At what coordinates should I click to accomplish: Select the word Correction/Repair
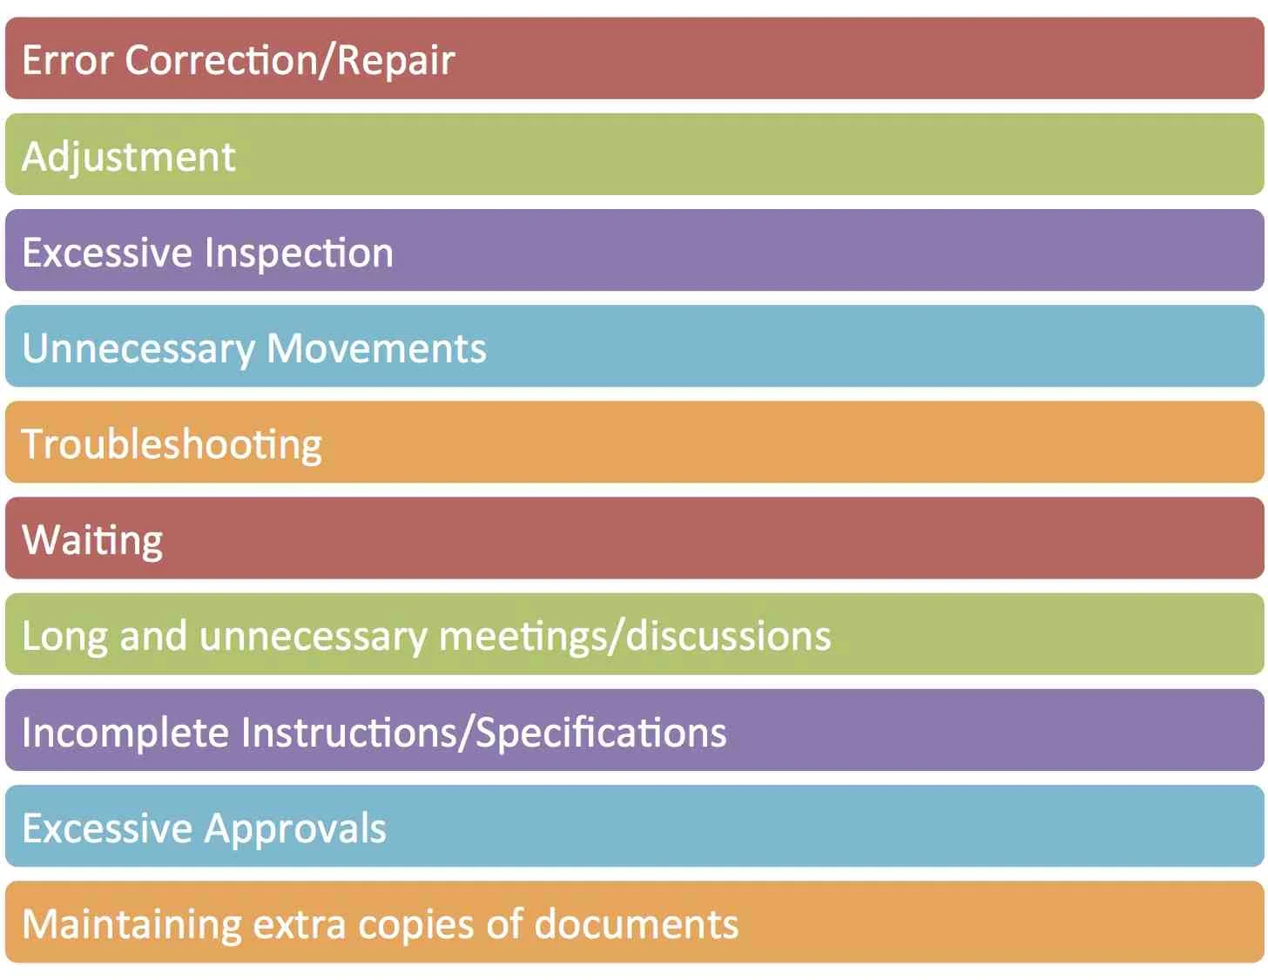click(x=290, y=60)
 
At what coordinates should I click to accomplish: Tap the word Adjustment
click(x=129, y=157)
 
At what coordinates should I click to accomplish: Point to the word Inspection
click(x=300, y=253)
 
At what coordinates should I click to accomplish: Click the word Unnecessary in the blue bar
click(x=138, y=348)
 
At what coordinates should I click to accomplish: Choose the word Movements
click(x=376, y=348)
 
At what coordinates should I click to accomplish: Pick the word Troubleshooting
click(x=172, y=444)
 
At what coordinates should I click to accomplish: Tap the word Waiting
click(x=92, y=540)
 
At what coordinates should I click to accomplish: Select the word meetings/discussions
click(x=635, y=636)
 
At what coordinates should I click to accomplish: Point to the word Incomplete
click(x=125, y=732)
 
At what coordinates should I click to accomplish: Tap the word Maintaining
click(x=132, y=924)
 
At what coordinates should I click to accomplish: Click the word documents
click(x=636, y=924)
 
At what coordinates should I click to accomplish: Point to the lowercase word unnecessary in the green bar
click(x=314, y=636)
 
